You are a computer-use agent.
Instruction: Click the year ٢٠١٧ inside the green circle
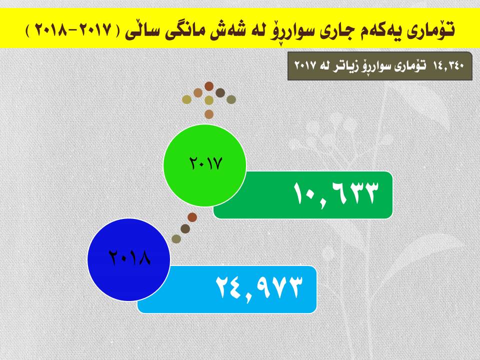pyautogui.click(x=205, y=163)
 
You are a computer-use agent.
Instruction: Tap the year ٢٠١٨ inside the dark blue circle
pyautogui.click(x=129, y=257)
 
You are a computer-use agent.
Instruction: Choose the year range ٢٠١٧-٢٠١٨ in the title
pyautogui.click(x=73, y=30)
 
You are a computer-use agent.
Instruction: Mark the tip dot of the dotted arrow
pyautogui.click(x=209, y=86)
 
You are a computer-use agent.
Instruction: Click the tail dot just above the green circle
pyautogui.click(x=209, y=114)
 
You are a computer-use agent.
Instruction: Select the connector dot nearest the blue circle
pyautogui.click(x=176, y=239)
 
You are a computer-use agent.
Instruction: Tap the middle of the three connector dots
pyautogui.click(x=185, y=228)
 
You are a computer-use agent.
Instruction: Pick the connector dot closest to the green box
pyautogui.click(x=192, y=217)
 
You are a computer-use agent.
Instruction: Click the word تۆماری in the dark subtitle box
pyautogui.click(x=412, y=65)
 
